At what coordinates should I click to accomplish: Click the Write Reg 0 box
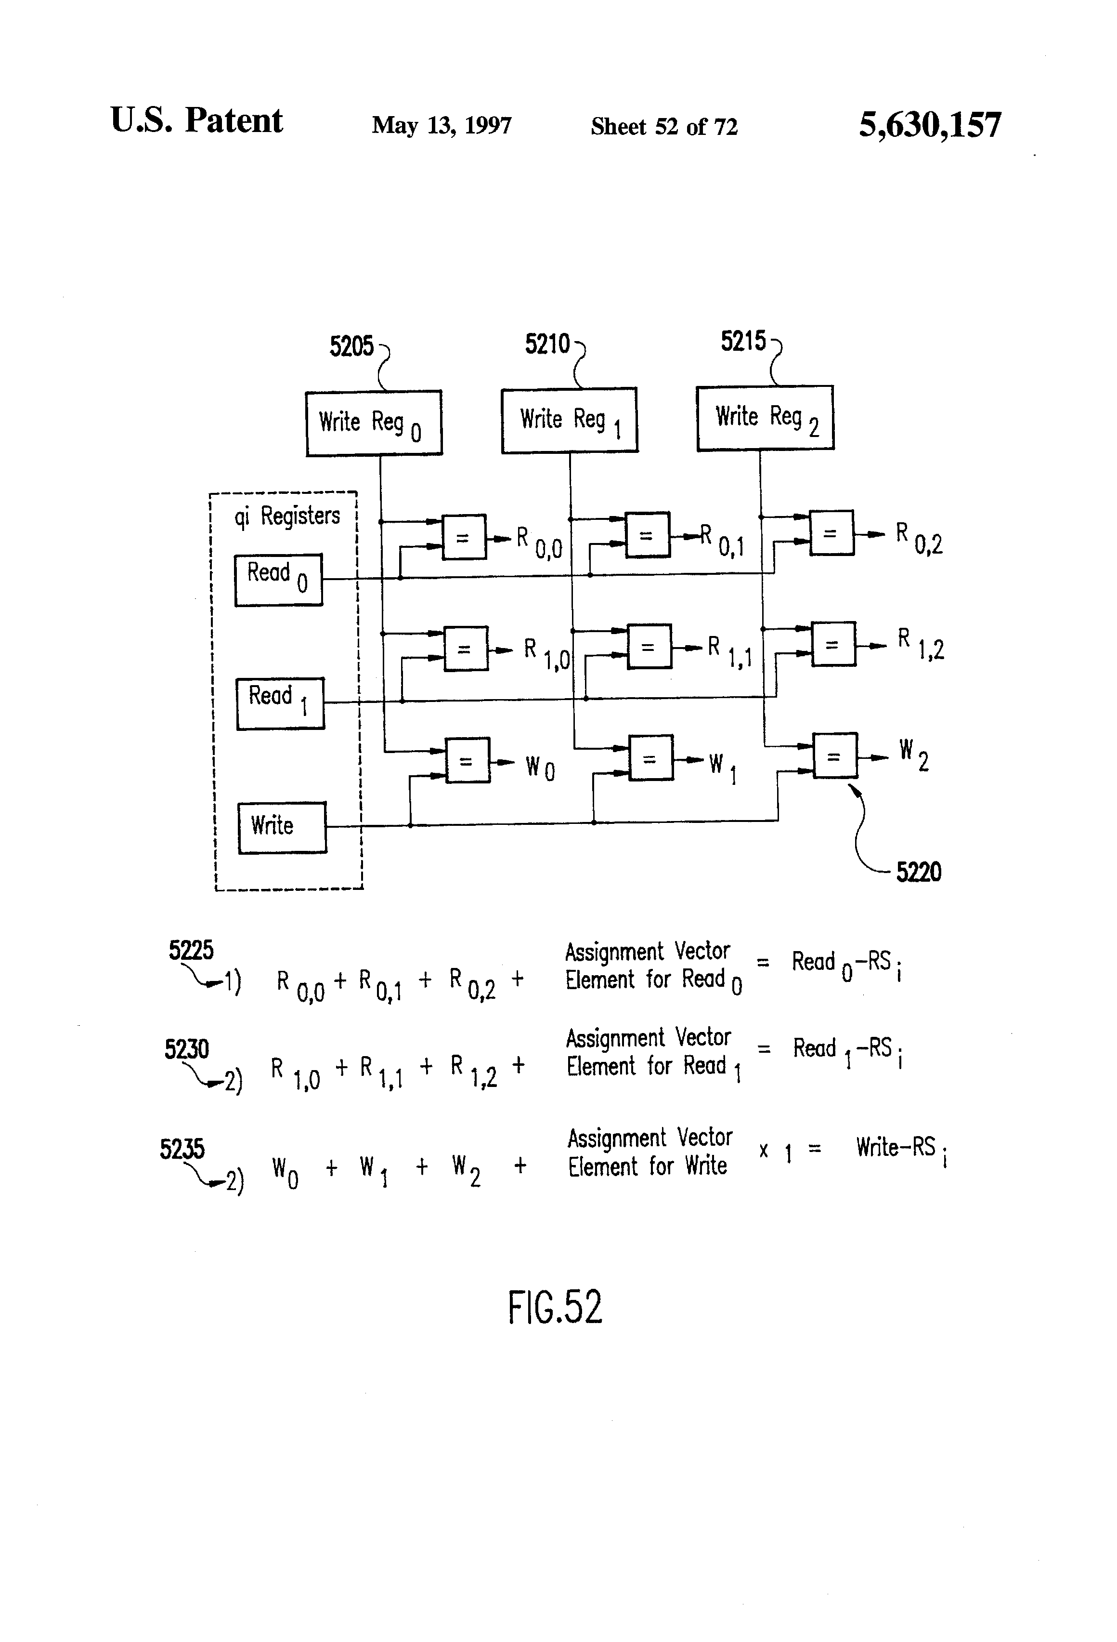[x=374, y=423]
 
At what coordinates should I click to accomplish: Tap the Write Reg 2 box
[x=765, y=418]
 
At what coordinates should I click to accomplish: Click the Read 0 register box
[x=278, y=579]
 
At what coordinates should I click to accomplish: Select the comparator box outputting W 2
[x=834, y=756]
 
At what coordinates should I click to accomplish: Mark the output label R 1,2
[x=920, y=644]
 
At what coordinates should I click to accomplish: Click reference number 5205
[x=351, y=346]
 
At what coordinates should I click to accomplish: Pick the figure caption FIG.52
[x=555, y=1307]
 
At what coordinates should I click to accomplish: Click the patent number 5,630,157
[x=929, y=125]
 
